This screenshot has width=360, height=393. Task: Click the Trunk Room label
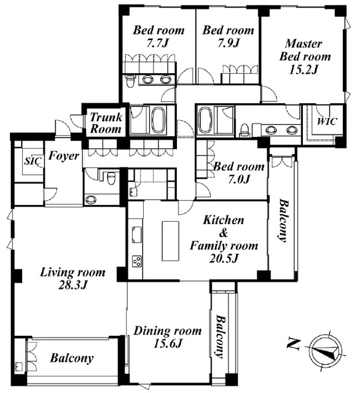click(x=106, y=123)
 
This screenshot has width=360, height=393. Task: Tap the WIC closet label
click(x=327, y=122)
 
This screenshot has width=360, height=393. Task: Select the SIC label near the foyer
click(x=33, y=161)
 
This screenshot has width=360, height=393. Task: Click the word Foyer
click(x=64, y=155)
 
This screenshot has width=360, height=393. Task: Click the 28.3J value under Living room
click(x=72, y=285)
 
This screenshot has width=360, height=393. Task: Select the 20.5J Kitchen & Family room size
click(x=224, y=258)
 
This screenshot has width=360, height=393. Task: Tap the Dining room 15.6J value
click(x=167, y=343)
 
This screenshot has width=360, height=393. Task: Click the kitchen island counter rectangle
click(x=170, y=241)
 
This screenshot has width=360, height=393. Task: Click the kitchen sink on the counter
click(x=136, y=235)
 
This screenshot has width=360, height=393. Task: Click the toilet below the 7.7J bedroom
click(x=130, y=81)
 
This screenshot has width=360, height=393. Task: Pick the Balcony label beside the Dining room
click(x=221, y=337)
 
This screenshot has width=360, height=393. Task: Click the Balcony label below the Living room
click(x=72, y=358)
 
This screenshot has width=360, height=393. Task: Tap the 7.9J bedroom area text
click(x=229, y=43)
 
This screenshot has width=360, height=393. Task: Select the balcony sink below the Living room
click(x=18, y=367)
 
